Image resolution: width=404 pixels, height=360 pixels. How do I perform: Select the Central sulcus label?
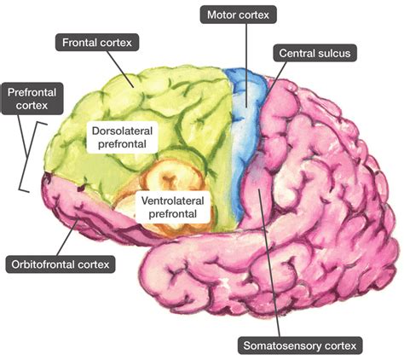point(311,53)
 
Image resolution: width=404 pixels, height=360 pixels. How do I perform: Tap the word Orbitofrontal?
point(46,264)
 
